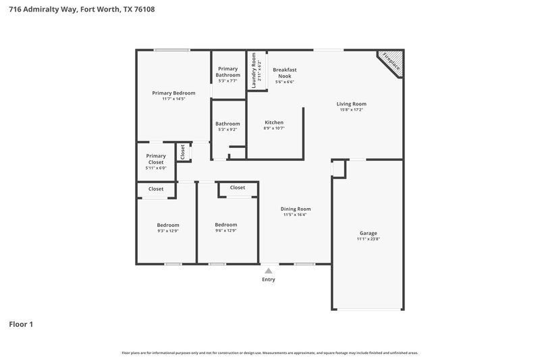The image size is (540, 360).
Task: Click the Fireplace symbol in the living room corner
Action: pos(391,62)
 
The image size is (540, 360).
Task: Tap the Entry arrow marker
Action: pos(269,270)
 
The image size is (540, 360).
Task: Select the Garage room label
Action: pos(368,232)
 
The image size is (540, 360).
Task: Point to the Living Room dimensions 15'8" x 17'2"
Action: pos(352,110)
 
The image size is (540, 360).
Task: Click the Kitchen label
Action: pos(273,122)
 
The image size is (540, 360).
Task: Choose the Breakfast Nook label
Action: pos(284,72)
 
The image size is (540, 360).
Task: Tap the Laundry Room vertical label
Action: pos(254,71)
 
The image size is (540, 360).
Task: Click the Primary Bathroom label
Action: pos(227,72)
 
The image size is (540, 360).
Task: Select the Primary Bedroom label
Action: pos(173,93)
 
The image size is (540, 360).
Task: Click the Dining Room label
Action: pos(296,209)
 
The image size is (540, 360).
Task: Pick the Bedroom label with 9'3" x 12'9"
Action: pos(168,225)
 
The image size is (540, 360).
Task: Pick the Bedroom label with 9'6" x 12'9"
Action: pos(225,225)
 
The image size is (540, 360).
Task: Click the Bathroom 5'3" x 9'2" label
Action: pos(227,124)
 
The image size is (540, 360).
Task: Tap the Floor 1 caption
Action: pos(21,324)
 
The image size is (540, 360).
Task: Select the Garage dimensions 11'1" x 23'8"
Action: pos(368,239)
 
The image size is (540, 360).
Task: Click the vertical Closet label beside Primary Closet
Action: pos(182,152)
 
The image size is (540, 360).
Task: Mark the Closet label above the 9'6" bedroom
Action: pos(238,188)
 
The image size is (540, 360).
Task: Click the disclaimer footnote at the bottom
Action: pos(269,353)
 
